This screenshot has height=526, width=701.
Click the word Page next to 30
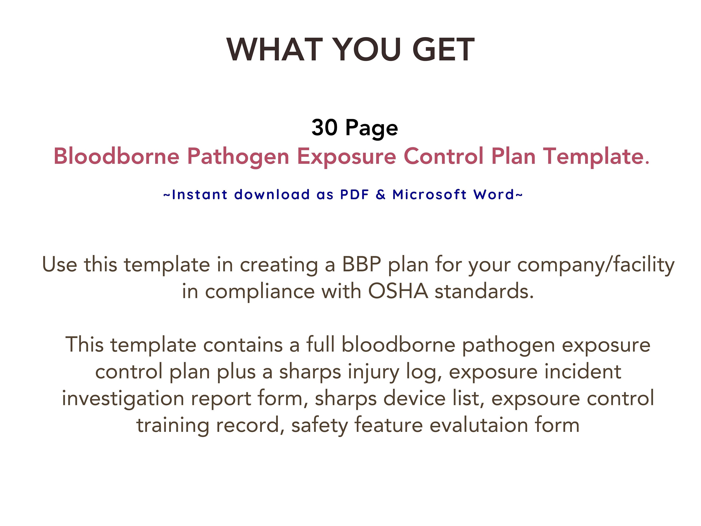[x=372, y=128]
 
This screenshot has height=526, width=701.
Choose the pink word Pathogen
[x=238, y=157]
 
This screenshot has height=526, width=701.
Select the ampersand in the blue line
[x=381, y=194]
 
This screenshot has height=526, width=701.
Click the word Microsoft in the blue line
[x=429, y=194]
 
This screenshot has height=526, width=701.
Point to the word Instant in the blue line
[x=199, y=194]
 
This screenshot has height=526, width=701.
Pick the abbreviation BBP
[x=361, y=264]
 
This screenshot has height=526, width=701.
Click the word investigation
[x=123, y=399]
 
